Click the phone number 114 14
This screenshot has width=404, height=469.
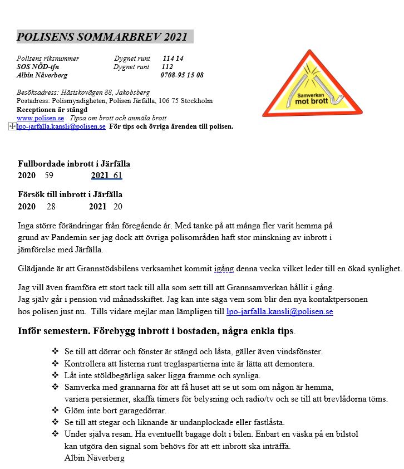[x=173, y=58]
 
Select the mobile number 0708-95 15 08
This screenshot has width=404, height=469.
[x=182, y=75]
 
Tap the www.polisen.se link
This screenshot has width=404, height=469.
[x=40, y=118]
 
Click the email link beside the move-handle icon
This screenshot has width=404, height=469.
[x=61, y=126]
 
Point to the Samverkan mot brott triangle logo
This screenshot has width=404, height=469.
[x=312, y=84]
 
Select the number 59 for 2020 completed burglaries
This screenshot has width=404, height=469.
[x=49, y=175]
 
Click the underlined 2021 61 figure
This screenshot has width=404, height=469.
[x=106, y=175]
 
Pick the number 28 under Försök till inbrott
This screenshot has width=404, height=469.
[x=51, y=206]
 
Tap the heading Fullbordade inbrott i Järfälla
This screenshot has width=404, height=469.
[x=74, y=164]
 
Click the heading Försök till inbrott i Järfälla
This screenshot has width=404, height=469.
[x=70, y=194]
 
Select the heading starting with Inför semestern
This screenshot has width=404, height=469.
[x=156, y=331]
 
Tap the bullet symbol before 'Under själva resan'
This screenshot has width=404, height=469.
[x=55, y=433]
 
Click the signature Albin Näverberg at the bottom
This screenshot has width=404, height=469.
[x=95, y=458]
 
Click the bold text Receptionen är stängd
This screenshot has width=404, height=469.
[x=52, y=110]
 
